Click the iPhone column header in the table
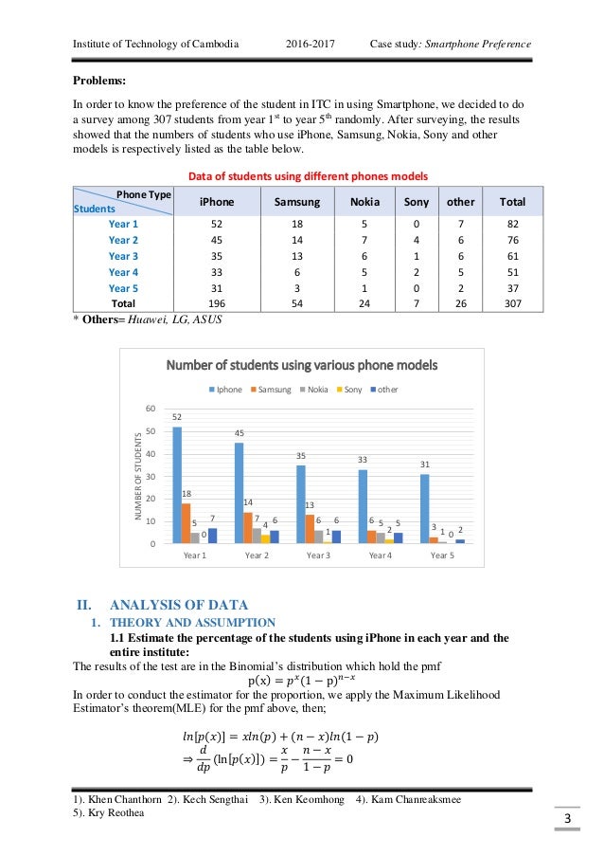pos(217,202)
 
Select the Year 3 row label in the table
pos(123,256)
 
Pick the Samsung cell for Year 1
pos(296,223)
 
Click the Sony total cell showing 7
pos(417,304)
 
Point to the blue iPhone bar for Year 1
pos(177,484)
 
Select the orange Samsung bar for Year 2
pos(246,527)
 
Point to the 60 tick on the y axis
pos(150,409)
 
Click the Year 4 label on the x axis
pos(380,555)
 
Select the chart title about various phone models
pos(302,365)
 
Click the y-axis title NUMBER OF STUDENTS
pos(137,476)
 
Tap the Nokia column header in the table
pos(365,202)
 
